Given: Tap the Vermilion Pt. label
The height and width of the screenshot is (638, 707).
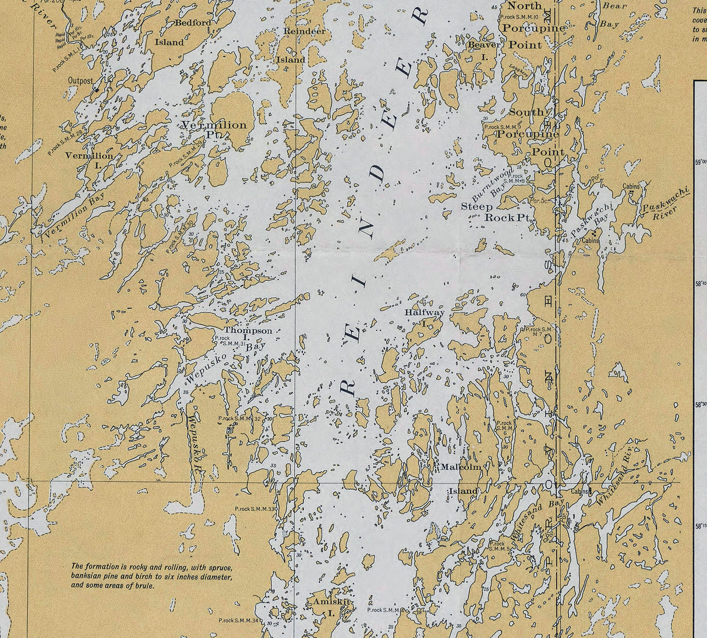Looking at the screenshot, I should coord(214,129).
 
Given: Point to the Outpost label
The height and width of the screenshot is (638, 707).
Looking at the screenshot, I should coord(80,81).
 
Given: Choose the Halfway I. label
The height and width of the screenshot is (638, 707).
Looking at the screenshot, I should coord(425,316).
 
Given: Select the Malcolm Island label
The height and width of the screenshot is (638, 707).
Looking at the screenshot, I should coord(462,478).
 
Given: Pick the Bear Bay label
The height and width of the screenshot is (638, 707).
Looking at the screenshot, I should coord(612,15).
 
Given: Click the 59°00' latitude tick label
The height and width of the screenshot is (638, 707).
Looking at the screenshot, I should coord(701,163).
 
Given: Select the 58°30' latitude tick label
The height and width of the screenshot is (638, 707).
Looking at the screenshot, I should coord(701,404).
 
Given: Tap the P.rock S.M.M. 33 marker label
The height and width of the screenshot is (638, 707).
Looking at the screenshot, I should coord(256,509).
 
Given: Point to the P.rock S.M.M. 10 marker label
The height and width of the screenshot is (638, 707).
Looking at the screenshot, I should coord(519,17).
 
